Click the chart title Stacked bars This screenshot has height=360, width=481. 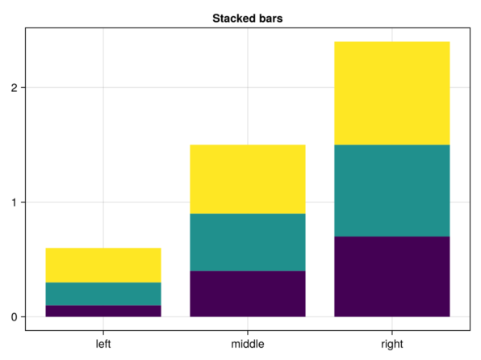click(x=247, y=19)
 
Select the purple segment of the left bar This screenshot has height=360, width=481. click(x=103, y=311)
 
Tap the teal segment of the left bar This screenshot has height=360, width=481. click(x=103, y=294)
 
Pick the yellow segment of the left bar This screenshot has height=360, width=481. click(x=103, y=266)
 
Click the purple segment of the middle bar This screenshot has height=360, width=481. click(x=248, y=294)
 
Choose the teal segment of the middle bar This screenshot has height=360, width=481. click(x=248, y=242)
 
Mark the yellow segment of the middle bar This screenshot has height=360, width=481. click(x=248, y=179)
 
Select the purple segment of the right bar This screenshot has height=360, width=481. click(x=392, y=277)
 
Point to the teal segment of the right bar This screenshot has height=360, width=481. click(x=392, y=190)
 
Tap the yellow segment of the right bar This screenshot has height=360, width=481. click(x=392, y=94)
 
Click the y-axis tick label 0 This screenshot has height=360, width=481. click(x=14, y=317)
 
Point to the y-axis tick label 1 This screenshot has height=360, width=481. click(x=14, y=203)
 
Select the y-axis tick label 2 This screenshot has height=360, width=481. click(x=14, y=88)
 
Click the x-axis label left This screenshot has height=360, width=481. click(x=103, y=344)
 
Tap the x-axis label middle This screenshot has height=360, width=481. click(x=248, y=344)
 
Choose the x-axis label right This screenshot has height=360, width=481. click(x=392, y=345)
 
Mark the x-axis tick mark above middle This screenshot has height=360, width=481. click(x=248, y=333)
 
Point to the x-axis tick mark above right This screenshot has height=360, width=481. click(x=392, y=333)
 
